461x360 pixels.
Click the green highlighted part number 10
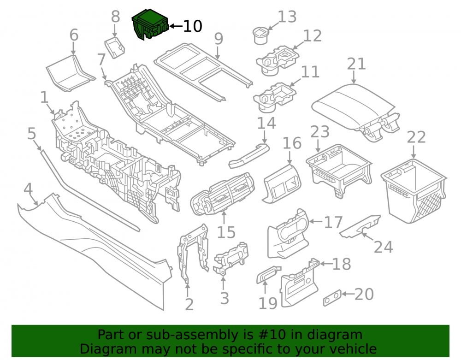[150, 24]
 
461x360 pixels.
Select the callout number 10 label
[193, 26]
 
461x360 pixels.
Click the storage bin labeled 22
[414, 190]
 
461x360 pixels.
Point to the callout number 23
[320, 132]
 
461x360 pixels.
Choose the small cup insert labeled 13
[260, 35]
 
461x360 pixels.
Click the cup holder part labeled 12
[277, 60]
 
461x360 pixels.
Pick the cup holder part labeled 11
[274, 97]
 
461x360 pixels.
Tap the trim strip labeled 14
[249, 156]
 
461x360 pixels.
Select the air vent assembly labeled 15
[222, 194]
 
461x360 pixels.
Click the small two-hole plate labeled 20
[332, 298]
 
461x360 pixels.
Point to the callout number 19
[267, 303]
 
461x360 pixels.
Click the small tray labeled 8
[115, 47]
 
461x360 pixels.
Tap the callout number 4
[28, 189]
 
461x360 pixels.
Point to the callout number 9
[219, 39]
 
